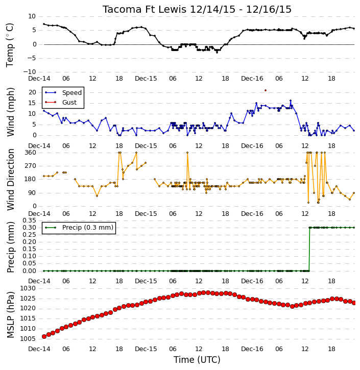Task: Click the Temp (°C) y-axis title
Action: point(10,45)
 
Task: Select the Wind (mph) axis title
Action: point(10,112)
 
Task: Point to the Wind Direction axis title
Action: point(10,179)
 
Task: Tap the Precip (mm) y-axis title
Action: point(10,247)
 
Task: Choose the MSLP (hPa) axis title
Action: point(10,315)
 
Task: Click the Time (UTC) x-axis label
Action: point(197,360)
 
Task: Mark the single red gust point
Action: point(266,90)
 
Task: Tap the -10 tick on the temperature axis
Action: point(30,72)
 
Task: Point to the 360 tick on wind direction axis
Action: point(31,153)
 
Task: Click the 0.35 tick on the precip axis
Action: point(29,220)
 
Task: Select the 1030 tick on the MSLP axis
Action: point(28,288)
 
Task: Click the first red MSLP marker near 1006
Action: point(44,336)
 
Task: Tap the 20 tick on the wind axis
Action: point(32,92)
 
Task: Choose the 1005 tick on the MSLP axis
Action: point(28,339)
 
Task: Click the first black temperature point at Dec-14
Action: point(44,24)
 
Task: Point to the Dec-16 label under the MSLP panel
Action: point(252,349)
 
